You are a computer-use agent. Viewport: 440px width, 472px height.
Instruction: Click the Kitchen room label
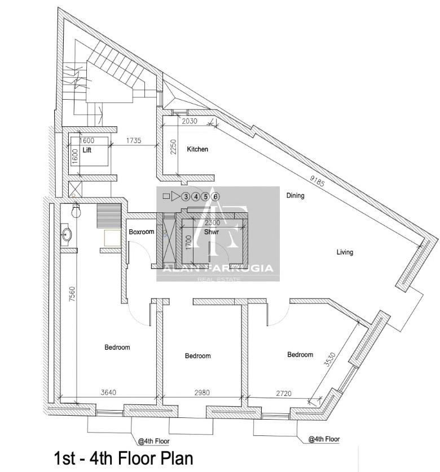point(197,149)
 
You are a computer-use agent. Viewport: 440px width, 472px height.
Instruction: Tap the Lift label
point(87,150)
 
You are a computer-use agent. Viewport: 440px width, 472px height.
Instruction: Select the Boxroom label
point(142,232)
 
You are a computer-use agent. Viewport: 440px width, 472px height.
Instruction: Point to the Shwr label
point(212,232)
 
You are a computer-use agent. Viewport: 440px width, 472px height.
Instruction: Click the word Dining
point(295,195)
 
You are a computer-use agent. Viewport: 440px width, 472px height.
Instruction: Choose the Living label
point(345,252)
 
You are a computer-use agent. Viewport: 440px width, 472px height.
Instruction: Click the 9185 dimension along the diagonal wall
point(317,180)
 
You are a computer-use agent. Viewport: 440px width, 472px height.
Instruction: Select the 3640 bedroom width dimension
point(108,392)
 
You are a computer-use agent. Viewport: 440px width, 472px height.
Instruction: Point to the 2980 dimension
point(202,392)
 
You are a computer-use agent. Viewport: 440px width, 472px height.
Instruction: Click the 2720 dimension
point(284,393)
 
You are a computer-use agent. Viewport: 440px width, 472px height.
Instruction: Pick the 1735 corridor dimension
point(134,140)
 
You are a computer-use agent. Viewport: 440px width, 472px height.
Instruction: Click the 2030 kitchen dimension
point(190,121)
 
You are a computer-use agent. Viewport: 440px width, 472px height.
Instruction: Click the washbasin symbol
point(67,233)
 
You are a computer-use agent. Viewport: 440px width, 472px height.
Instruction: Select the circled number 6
point(215,197)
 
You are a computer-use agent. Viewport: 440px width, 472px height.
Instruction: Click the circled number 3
point(186,197)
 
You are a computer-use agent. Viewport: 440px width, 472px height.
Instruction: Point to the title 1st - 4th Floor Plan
point(124,458)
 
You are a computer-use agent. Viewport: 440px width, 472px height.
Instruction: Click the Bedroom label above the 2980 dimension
point(198,356)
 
